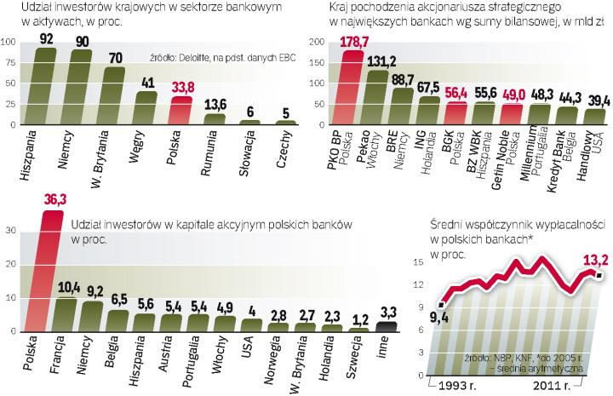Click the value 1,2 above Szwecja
coord(360,319)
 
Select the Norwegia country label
coord(275,361)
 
